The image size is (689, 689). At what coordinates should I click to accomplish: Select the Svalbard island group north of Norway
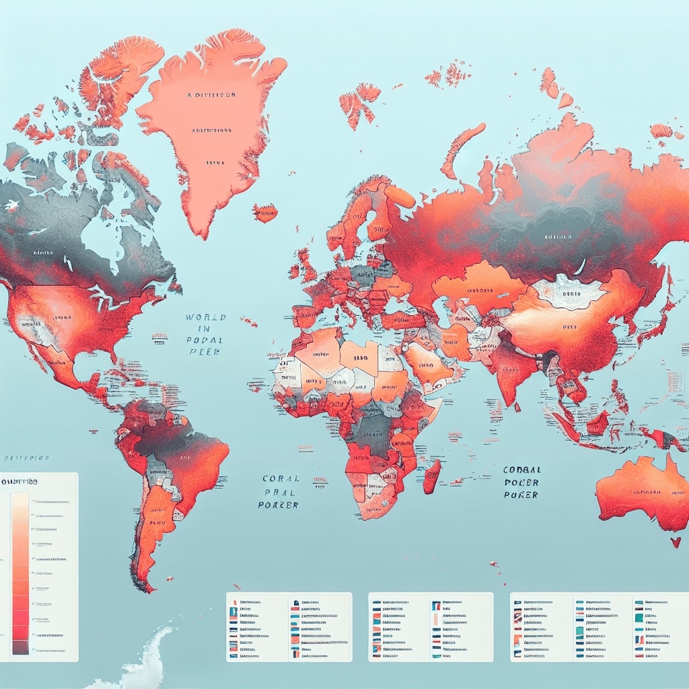click(x=360, y=101)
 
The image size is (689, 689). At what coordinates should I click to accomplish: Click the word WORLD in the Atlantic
click(x=207, y=318)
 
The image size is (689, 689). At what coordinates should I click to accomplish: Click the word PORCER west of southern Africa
click(x=278, y=505)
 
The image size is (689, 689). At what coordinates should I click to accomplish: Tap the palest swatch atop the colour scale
click(x=20, y=499)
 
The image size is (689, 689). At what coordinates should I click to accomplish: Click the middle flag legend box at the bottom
click(x=431, y=627)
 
